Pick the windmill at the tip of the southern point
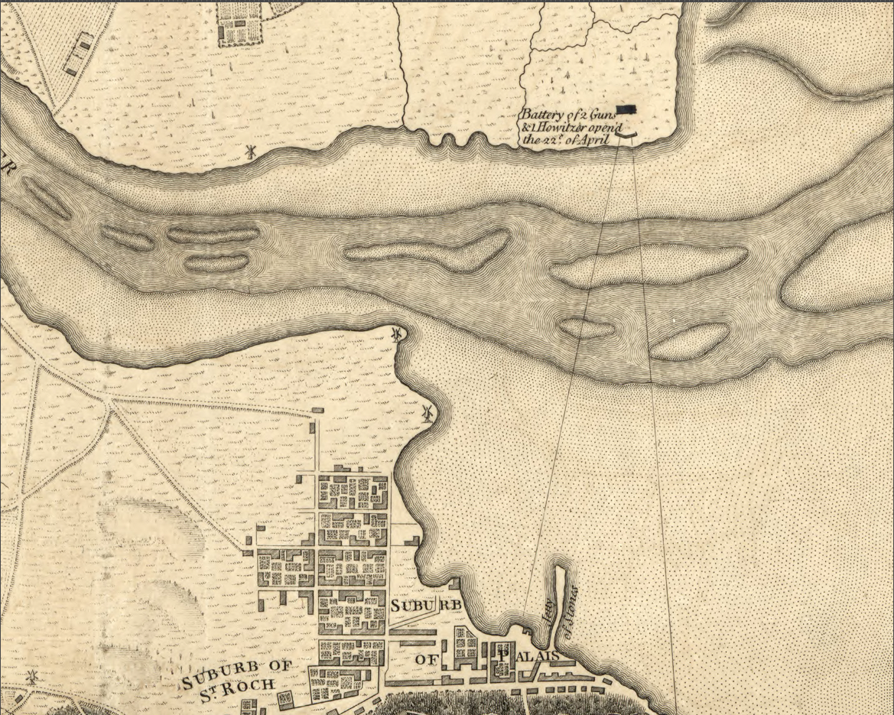click(396, 334)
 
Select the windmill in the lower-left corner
click(31, 677)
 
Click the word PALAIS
click(528, 656)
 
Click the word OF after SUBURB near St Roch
click(279, 665)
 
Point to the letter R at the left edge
click(6, 170)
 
